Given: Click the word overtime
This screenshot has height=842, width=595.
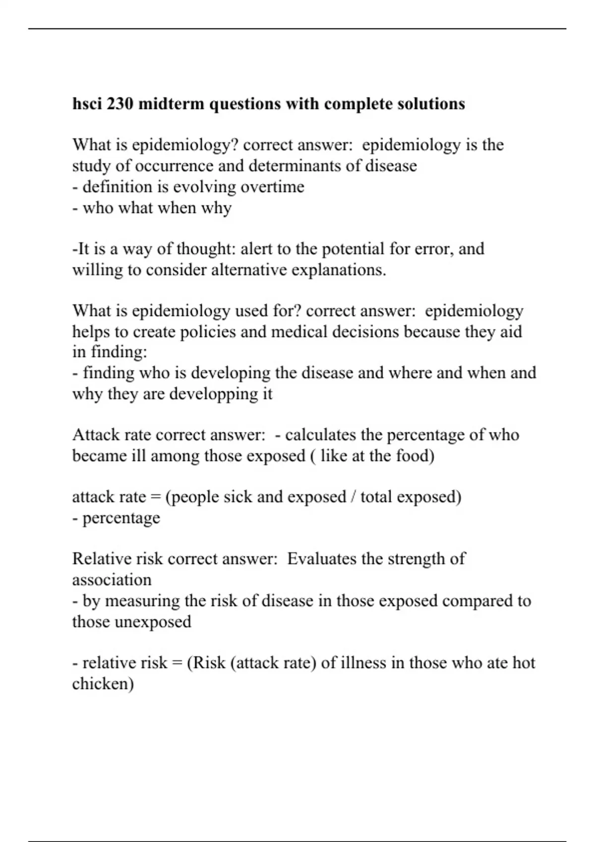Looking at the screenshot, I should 272,187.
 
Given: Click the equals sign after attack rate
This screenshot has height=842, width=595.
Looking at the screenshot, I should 155,497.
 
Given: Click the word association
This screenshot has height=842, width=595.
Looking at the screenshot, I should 112,579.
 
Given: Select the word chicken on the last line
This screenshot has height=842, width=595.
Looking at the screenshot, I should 103,684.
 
